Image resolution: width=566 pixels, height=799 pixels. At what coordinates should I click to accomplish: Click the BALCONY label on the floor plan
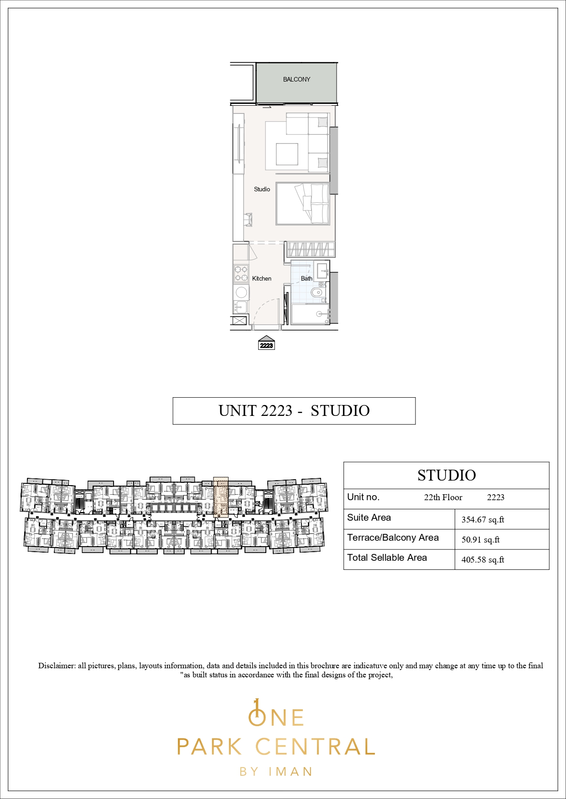tap(296, 79)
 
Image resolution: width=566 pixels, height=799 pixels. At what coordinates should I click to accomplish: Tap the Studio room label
tap(262, 189)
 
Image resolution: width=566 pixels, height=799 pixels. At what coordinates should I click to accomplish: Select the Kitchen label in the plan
tap(262, 278)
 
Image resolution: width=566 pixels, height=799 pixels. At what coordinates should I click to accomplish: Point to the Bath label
tap(306, 278)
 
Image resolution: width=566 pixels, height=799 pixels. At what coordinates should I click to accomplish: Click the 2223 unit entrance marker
tap(266, 343)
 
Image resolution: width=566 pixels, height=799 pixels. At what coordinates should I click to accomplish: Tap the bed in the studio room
tap(302, 204)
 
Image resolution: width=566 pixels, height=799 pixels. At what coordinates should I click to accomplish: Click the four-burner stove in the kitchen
tap(241, 273)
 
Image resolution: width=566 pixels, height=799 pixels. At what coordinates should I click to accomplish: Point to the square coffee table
tap(287, 154)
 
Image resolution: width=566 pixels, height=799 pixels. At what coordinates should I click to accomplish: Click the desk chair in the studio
tap(248, 219)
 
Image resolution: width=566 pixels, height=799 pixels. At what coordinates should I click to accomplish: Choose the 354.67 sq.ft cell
tap(483, 520)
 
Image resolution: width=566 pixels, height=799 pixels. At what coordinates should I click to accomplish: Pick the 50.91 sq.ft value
tap(480, 540)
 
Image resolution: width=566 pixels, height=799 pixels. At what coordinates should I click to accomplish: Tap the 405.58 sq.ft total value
tap(483, 560)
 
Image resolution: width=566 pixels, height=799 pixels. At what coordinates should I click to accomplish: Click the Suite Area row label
tap(369, 517)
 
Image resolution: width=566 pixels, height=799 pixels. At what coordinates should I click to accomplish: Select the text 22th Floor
tap(443, 497)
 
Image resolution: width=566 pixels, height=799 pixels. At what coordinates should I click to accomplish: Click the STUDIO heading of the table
tap(447, 475)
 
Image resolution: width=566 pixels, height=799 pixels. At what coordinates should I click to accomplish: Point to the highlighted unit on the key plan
tap(221, 497)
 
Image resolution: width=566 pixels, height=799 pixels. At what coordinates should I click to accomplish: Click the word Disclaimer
tap(57, 666)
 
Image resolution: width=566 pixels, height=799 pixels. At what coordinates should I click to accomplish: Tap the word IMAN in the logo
tap(291, 772)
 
